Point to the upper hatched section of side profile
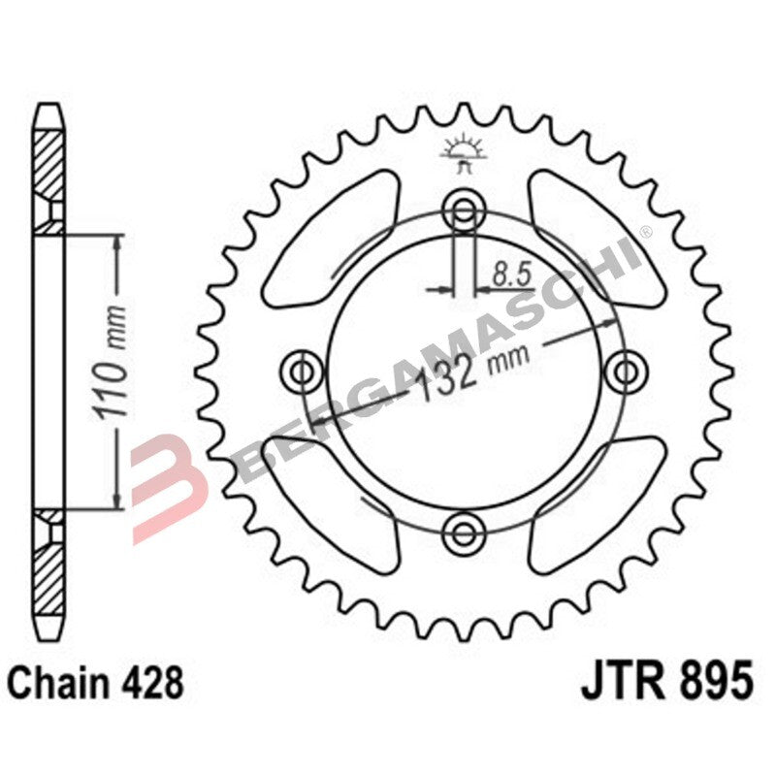[51, 170]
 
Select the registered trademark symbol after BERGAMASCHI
[645, 231]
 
